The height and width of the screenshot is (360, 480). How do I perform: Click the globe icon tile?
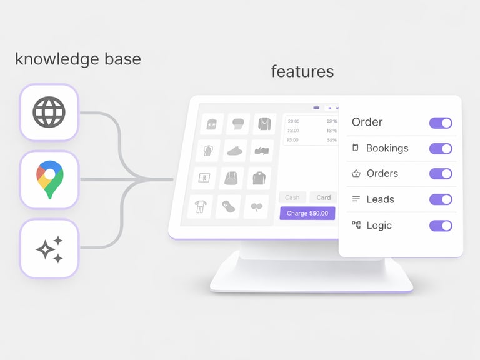(x=49, y=112)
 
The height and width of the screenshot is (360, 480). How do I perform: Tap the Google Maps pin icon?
(x=49, y=179)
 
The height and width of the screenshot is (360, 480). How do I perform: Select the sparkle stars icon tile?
(x=49, y=248)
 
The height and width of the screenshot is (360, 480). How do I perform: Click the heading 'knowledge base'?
(x=77, y=59)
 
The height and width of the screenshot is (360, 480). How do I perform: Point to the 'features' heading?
(x=302, y=71)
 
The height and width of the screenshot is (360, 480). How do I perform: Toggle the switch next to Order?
(x=441, y=122)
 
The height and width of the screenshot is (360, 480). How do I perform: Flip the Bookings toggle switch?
(x=441, y=148)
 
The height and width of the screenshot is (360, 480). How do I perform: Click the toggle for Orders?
(x=441, y=174)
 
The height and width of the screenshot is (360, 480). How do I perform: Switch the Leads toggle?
(x=441, y=199)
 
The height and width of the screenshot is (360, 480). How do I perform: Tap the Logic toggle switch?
(x=441, y=226)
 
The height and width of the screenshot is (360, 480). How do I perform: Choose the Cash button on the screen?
(x=292, y=197)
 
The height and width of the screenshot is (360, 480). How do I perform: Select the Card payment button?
(x=324, y=197)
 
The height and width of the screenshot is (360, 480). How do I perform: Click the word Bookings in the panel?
(x=387, y=148)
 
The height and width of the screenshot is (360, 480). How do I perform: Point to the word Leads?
(x=380, y=199)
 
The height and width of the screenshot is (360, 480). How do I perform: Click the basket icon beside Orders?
(x=356, y=174)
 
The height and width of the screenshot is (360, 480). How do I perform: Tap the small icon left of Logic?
(x=356, y=225)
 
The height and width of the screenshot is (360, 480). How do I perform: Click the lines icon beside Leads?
(x=356, y=199)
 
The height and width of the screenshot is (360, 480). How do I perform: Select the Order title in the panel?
(x=367, y=122)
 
